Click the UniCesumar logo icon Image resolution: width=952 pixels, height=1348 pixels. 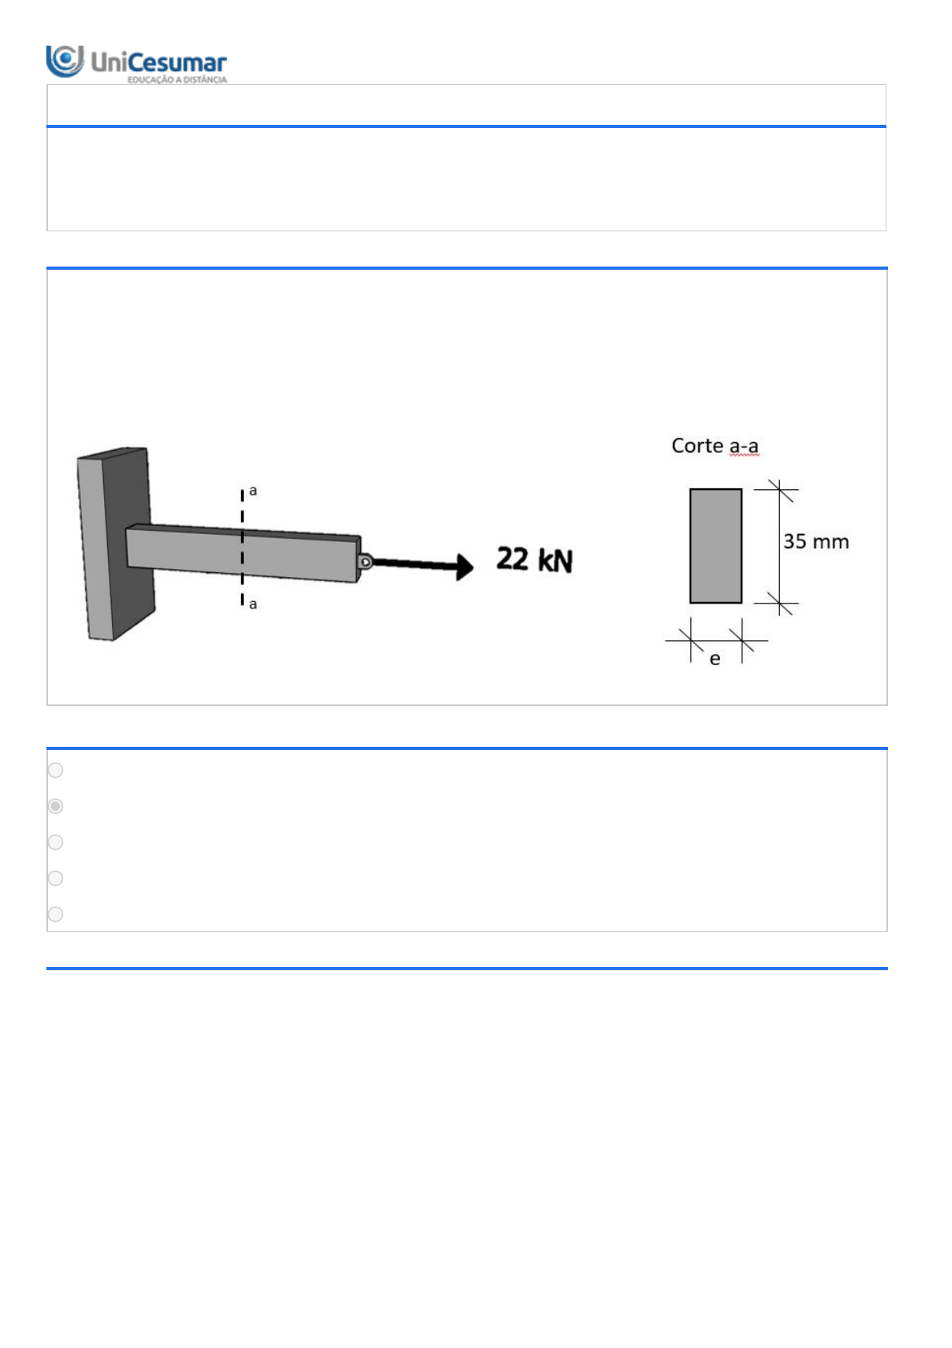(65, 61)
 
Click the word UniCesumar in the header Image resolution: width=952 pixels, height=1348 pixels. (158, 62)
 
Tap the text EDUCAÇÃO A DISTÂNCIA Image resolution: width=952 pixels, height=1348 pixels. (178, 79)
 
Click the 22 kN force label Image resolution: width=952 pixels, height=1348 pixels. (534, 559)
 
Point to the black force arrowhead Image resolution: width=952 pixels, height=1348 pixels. (464, 566)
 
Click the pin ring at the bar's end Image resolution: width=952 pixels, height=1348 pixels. (366, 562)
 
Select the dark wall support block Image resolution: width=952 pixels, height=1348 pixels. (116, 544)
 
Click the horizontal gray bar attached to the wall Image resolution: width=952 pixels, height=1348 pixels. (243, 553)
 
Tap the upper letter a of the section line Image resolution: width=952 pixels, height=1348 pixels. (253, 491)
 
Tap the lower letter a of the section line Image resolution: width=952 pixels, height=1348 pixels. (253, 604)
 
